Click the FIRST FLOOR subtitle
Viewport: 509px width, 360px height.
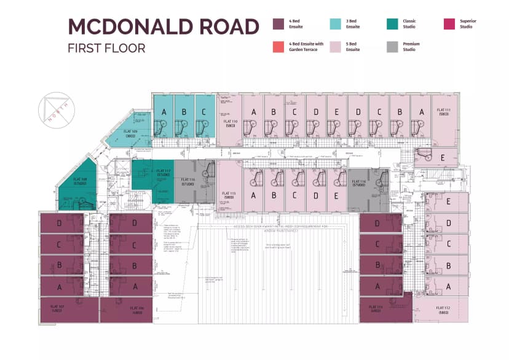tap(106, 48)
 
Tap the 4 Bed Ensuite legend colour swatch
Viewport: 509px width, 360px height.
tap(278, 24)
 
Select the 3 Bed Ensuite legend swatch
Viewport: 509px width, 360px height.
tap(335, 24)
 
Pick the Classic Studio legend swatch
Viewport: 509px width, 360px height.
tap(392, 24)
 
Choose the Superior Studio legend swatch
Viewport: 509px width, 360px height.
tap(449, 24)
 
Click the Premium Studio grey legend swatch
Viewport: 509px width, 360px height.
tap(392, 47)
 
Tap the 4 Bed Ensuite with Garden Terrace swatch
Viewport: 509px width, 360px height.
tap(278, 47)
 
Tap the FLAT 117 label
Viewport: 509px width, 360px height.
tap(163, 173)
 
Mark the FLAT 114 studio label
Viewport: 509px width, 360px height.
tap(359, 183)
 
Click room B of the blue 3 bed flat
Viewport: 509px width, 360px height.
tap(184, 112)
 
